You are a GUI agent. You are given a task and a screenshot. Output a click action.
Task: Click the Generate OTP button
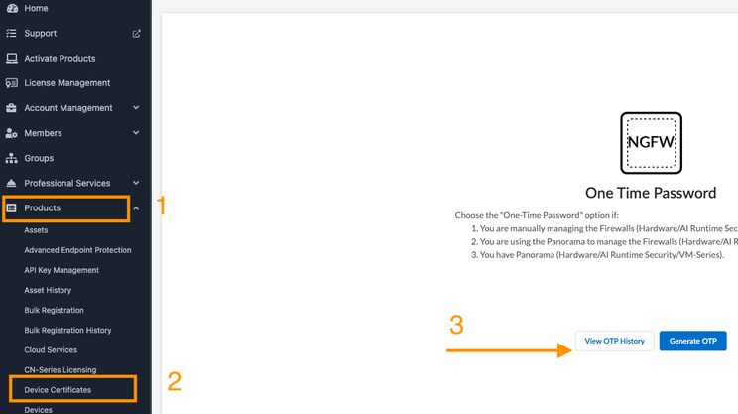coord(692,341)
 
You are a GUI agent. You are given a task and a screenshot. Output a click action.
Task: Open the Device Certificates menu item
coord(58,390)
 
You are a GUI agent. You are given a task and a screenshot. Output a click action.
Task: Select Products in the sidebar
coord(43,207)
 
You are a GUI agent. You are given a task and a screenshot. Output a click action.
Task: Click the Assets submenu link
coord(37,230)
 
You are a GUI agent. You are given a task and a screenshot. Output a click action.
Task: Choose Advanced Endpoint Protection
coord(77,250)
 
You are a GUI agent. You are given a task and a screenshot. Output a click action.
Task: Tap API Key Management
coord(61,270)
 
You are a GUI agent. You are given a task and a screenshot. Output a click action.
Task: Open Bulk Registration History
coord(67,331)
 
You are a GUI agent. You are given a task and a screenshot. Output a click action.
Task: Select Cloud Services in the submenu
coord(51,349)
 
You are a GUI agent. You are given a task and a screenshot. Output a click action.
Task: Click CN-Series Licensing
coord(61,370)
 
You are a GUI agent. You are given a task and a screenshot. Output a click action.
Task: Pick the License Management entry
coord(67,82)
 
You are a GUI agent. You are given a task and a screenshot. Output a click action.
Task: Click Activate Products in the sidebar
coord(60,58)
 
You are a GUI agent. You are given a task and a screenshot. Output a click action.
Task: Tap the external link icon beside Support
coord(137,34)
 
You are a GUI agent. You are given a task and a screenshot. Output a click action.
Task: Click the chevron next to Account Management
coord(136,108)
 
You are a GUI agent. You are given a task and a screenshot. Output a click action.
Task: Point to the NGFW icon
coord(651,143)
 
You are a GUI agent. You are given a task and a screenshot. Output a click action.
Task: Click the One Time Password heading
coord(651,193)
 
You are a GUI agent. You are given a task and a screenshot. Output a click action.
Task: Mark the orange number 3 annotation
coord(456,325)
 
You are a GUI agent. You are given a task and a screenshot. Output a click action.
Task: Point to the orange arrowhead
coord(564,350)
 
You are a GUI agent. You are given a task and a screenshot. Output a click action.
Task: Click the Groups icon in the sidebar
coord(11,158)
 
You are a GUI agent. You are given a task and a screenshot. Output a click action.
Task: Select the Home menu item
coord(36,8)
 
